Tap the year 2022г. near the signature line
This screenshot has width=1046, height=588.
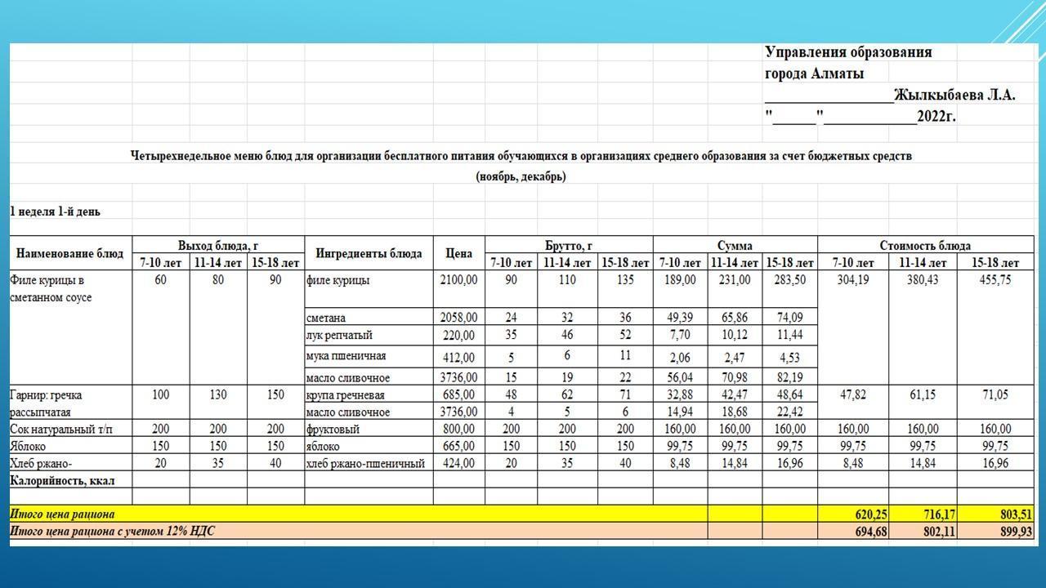coord(936,116)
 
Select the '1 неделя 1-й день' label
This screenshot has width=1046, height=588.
coord(56,212)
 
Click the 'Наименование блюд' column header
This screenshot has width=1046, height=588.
coord(70,253)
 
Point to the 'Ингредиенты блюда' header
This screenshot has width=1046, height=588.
coord(369,253)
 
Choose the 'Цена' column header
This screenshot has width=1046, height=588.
coord(458,253)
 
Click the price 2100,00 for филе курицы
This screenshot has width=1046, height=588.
coord(458,280)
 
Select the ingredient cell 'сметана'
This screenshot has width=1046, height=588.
coord(326,317)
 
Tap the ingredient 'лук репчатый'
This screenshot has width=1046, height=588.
coord(339,335)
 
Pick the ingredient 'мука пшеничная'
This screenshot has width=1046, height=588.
coord(346,356)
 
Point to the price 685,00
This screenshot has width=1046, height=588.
coord(459,395)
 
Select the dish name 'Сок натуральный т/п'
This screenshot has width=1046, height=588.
coord(61,429)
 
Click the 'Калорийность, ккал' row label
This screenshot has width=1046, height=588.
coord(62,480)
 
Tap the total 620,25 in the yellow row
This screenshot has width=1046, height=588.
coord(853,514)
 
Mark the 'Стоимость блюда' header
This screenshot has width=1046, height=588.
coord(925,245)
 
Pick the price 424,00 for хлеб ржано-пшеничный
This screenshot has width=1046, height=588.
coord(459,464)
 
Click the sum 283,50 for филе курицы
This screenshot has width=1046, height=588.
coord(789,280)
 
